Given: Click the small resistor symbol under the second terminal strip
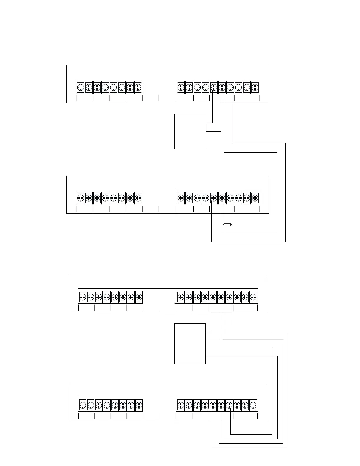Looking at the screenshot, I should pyautogui.click(x=227, y=225).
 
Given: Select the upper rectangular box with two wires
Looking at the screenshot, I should pyautogui.click(x=190, y=131).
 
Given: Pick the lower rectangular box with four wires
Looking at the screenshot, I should pyautogui.click(x=190, y=343).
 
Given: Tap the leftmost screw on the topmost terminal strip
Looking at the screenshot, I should pyautogui.click(x=81, y=87).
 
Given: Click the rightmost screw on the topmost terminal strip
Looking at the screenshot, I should pyautogui.click(x=255, y=87).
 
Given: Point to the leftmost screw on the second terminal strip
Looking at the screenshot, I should pyautogui.click(x=81, y=198).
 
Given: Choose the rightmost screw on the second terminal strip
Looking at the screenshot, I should pyautogui.click(x=255, y=198).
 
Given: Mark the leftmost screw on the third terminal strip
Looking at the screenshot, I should pyautogui.click(x=83, y=297).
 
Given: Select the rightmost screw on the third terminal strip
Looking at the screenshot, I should pyautogui.click(x=253, y=297).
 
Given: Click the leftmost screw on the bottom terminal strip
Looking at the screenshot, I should pyautogui.click(x=83, y=405).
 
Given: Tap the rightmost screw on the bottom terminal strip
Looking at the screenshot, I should pyautogui.click(x=253, y=405).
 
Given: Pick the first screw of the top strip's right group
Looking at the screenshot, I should pyautogui.click(x=181, y=87).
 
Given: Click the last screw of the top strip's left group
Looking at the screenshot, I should pyautogui.click(x=138, y=87).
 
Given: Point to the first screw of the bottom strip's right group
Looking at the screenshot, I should pyautogui.click(x=181, y=405).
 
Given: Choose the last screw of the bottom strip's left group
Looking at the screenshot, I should pyautogui.click(x=139, y=405).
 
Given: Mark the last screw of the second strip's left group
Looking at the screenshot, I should pyautogui.click(x=138, y=198).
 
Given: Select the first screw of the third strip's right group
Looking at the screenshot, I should pyautogui.click(x=181, y=297).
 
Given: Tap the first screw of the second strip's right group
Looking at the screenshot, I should pyautogui.click(x=181, y=198).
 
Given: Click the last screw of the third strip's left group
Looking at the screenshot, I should pyautogui.click(x=139, y=297).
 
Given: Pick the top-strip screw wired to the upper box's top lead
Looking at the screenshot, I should pyautogui.click(x=214, y=87).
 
